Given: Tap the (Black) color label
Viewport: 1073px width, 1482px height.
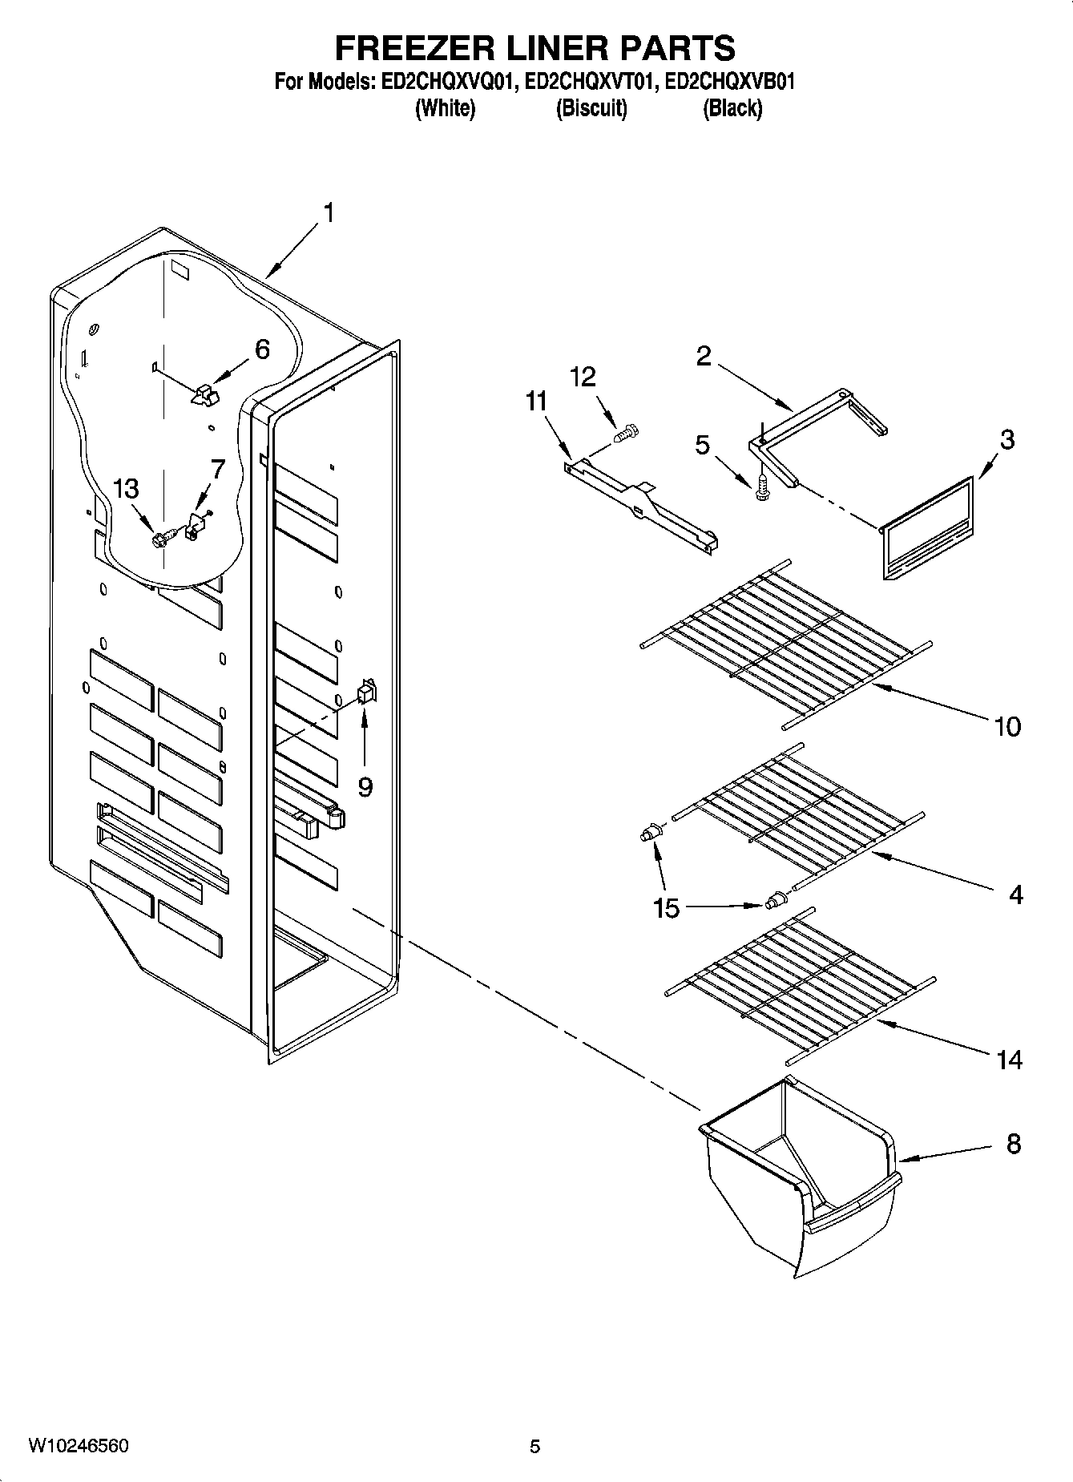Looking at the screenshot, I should coord(732,109).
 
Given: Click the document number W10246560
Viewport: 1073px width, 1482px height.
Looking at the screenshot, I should coord(78,1447).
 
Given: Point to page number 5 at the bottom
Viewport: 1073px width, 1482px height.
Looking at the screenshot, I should coord(534,1447).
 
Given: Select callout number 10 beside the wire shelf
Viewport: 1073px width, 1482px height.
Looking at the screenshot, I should coord(1007,727).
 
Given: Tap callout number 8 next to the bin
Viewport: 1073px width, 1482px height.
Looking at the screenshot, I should coord(1014,1144).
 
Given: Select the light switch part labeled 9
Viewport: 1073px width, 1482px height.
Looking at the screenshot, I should coord(366,692).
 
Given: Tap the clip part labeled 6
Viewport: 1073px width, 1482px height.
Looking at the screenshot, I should coord(204,393).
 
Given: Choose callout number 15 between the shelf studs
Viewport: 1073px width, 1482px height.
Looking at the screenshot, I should coord(666,908).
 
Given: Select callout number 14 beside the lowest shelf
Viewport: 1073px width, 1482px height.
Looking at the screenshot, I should coord(1009,1060).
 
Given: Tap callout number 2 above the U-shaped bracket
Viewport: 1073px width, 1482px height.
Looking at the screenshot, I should coord(703,356).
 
